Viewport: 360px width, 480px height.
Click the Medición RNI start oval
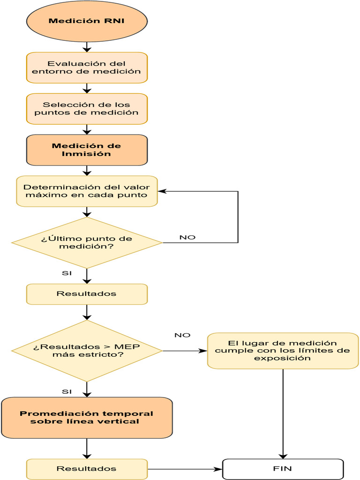tap(87, 21)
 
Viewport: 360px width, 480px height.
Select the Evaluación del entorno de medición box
tap(87, 67)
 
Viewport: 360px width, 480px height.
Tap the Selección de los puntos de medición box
tap(87, 109)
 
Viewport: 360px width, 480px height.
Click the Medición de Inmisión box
tap(87, 150)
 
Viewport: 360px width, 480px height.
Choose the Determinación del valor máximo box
tap(87, 191)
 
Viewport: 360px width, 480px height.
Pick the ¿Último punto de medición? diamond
tap(87, 242)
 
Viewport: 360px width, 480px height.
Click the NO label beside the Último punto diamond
tap(187, 237)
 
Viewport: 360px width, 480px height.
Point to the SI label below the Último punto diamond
tap(67, 273)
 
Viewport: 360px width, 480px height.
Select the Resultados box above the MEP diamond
tap(87, 294)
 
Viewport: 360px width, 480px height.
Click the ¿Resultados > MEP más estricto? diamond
tap(87, 351)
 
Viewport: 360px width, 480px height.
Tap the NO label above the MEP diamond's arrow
tap(182, 335)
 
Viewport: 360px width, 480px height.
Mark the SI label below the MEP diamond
tap(67, 391)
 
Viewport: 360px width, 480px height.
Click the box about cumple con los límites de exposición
tap(283, 351)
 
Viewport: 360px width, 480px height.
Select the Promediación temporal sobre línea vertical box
tap(87, 418)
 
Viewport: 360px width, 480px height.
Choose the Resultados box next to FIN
tap(87, 469)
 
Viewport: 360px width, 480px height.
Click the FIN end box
tap(283, 469)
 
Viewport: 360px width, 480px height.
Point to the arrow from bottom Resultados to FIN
tap(185, 469)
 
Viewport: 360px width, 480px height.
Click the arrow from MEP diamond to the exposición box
tap(185, 351)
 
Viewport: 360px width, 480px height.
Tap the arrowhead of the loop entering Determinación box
tap(161, 191)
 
